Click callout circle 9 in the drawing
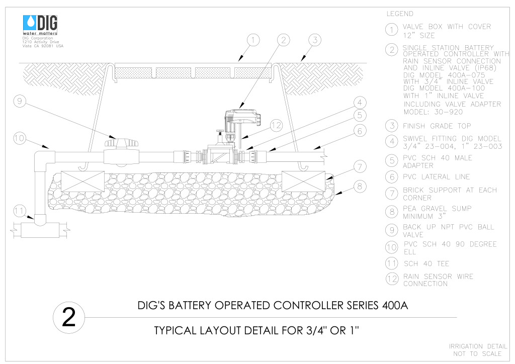(x=20, y=101)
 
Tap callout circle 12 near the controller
(x=276, y=125)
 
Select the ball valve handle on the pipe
(x=122, y=143)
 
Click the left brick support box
(x=83, y=181)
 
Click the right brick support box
(x=303, y=181)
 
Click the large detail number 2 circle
(x=68, y=317)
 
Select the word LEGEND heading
(x=400, y=14)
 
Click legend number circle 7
(x=391, y=194)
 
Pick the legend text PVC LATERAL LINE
(x=436, y=177)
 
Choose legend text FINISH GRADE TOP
(x=437, y=126)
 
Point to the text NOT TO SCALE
(x=477, y=354)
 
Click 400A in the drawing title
(x=395, y=306)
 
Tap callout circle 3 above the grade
(x=315, y=40)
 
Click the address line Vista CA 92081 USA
(x=43, y=46)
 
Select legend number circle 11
(x=391, y=263)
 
